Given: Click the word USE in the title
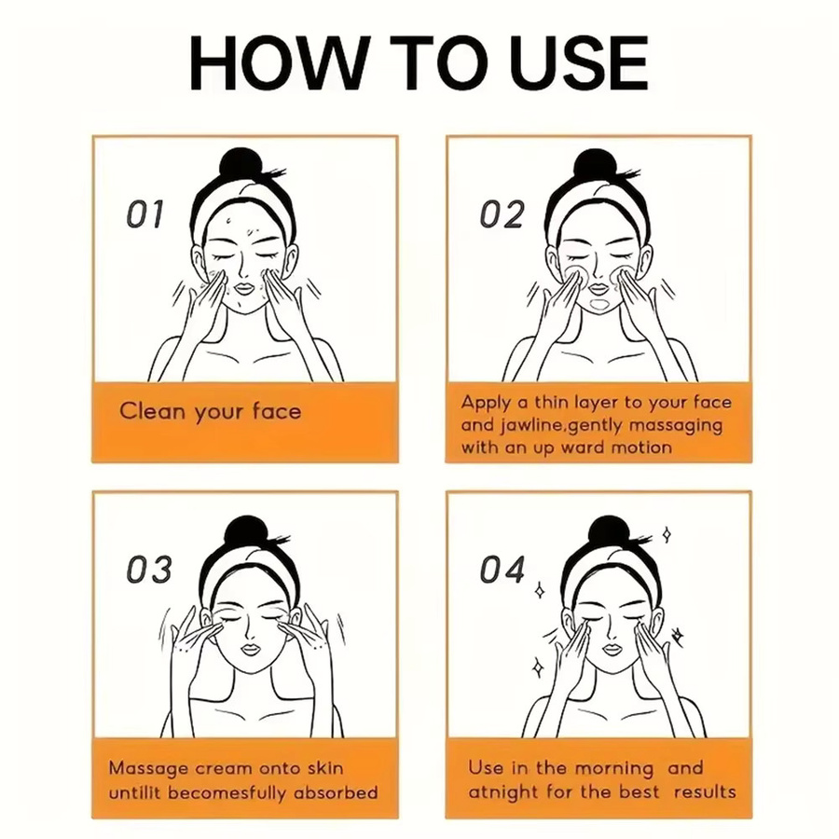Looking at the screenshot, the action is [578, 62].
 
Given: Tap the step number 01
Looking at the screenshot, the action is [144, 214].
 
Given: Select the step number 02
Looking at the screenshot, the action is [502, 214].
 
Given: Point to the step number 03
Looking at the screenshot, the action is [149, 570].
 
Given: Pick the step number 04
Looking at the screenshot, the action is [502, 570].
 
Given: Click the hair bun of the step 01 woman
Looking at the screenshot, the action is [242, 167].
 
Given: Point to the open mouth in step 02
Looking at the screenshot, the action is [600, 305].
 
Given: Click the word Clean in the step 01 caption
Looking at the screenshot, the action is [152, 411].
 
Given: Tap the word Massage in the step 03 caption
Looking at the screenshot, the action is [149, 769].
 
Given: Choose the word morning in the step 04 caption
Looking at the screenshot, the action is [613, 769].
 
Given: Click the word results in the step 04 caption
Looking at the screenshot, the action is [705, 791].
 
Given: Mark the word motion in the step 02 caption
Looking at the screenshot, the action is [641, 447].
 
